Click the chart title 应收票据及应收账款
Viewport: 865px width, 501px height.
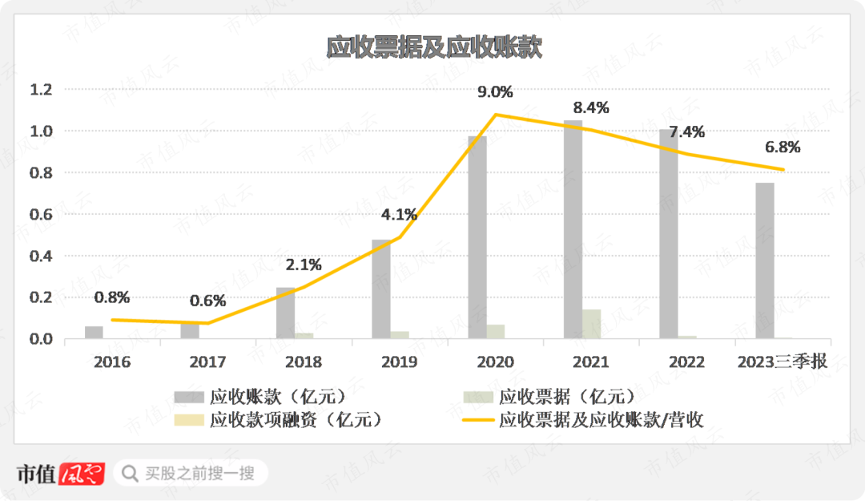pos(434,47)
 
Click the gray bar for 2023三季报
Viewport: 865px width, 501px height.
pos(765,261)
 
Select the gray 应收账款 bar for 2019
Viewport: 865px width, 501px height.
pos(381,289)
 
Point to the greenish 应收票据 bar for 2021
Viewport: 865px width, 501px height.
pos(592,324)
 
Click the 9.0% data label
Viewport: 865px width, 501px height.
pos(495,91)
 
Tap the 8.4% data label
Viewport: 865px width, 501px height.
pos(591,107)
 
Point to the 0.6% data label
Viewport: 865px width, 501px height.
pos(207,301)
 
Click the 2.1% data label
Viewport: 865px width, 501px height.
pos(304,265)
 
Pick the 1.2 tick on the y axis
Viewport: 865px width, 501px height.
pos(41,89)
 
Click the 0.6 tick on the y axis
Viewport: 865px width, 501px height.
pos(41,214)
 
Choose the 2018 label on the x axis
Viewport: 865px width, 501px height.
pos(304,362)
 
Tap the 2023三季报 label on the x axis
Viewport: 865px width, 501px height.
pos(782,362)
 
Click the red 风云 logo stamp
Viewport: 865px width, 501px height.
pos(82,475)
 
